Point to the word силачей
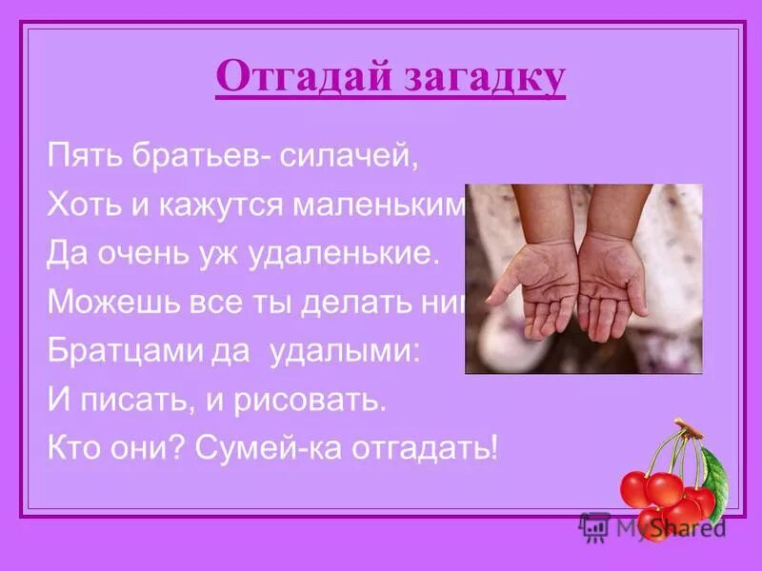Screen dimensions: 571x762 pyautogui.click(x=349, y=156)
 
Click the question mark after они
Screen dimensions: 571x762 pyautogui.click(x=177, y=448)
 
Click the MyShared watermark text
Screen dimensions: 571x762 pyautogui.click(x=667, y=526)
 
